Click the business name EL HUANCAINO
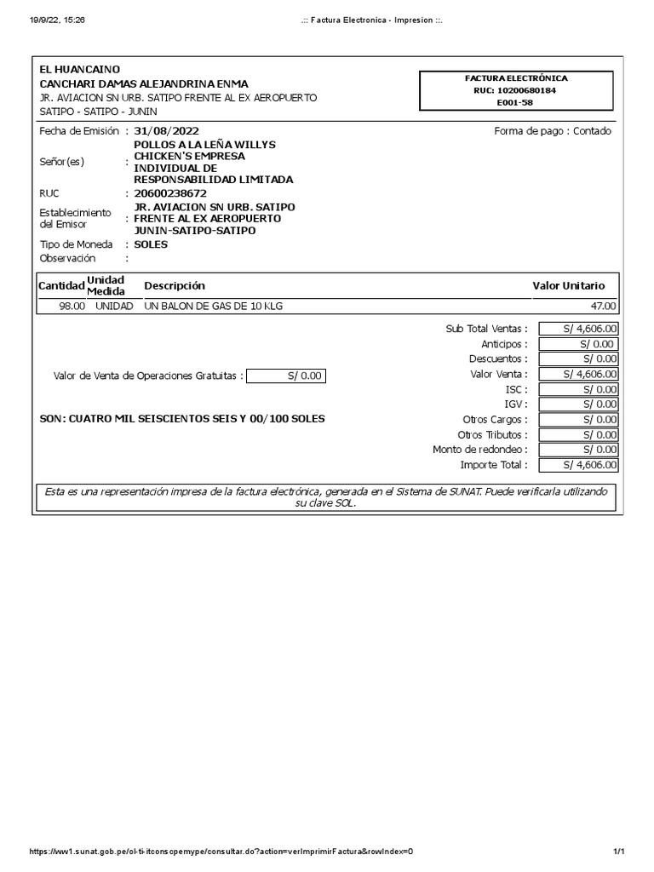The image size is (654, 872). (x=80, y=69)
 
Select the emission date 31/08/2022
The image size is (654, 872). (x=169, y=131)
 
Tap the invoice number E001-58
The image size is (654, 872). (x=514, y=102)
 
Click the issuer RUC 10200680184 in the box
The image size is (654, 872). (x=514, y=90)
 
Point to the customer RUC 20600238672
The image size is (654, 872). (x=170, y=193)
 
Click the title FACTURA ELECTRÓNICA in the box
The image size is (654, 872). (x=514, y=78)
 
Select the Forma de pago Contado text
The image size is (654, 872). (x=552, y=131)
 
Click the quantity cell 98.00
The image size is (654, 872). (x=72, y=307)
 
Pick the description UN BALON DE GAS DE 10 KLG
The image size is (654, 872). (x=212, y=307)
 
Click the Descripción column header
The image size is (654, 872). (x=175, y=286)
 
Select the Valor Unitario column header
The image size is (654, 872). (x=569, y=286)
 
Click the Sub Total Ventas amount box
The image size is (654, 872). (x=578, y=329)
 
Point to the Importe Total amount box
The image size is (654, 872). (x=578, y=465)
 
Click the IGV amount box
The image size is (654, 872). (x=578, y=404)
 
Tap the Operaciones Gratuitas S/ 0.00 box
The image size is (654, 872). (x=285, y=376)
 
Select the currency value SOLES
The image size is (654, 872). (x=151, y=244)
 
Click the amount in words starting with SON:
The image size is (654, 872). (x=182, y=419)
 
